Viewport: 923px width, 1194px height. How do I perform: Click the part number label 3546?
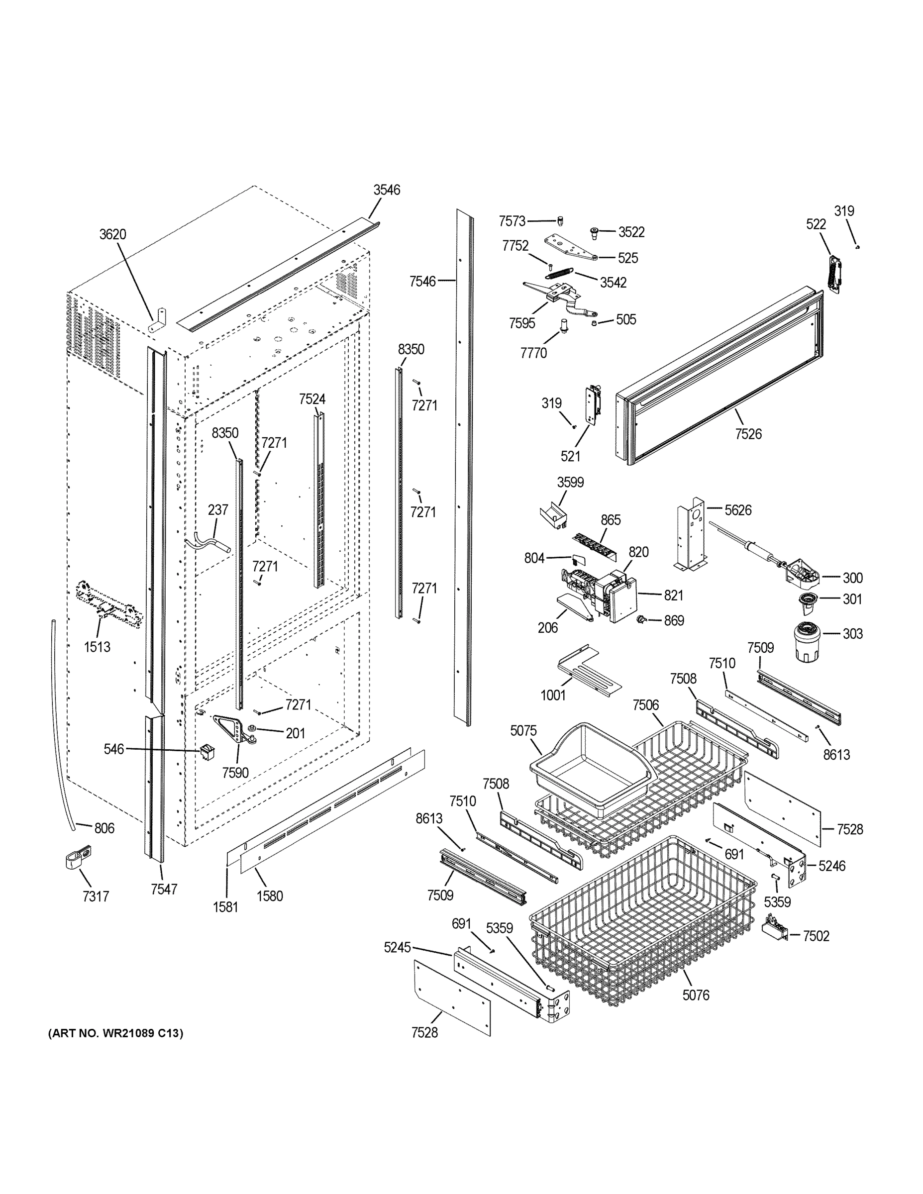(387, 190)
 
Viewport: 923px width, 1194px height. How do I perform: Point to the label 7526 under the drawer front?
(747, 433)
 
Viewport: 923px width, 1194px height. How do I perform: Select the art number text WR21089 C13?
(115, 1033)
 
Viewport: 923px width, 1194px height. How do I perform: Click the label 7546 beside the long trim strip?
(422, 281)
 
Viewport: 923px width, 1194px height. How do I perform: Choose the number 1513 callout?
(97, 647)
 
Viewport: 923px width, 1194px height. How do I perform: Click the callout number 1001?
(552, 695)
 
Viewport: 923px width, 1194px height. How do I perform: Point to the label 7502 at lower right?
(816, 936)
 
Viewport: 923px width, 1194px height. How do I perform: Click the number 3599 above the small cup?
(570, 482)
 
